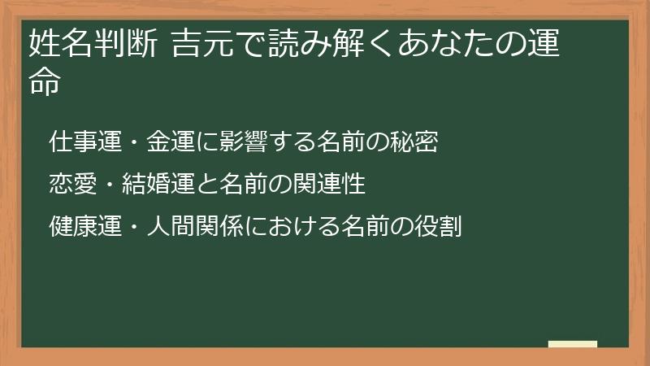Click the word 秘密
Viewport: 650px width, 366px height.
[x=417, y=143]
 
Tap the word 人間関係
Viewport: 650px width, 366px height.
[x=192, y=224]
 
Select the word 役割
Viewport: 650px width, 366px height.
[x=440, y=224]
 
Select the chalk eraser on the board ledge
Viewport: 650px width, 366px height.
[x=573, y=344]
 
